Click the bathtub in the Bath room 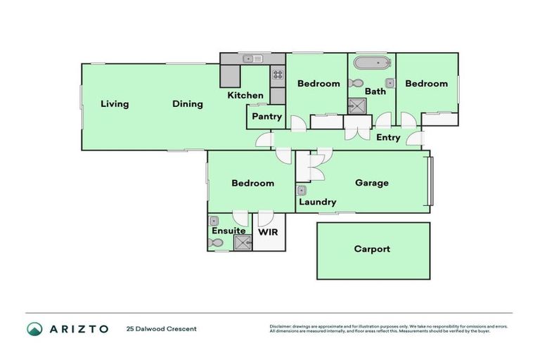(372, 63)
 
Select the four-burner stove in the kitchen (278, 72)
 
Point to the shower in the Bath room (356, 106)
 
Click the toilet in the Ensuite (217, 243)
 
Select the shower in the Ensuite (243, 243)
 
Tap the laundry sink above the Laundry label (302, 191)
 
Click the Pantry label (266, 117)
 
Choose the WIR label (268, 231)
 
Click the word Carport (371, 249)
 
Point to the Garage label (371, 183)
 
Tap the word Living (115, 104)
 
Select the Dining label (188, 104)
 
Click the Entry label (387, 138)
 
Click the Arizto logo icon (34, 328)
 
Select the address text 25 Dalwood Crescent (161, 328)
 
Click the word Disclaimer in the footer (282, 326)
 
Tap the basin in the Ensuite (214, 221)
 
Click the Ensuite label (229, 231)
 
